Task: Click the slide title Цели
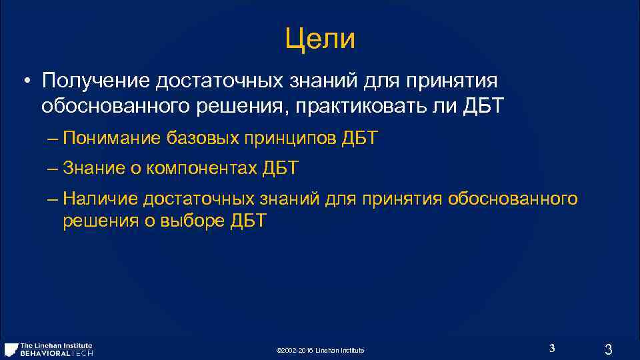[320, 39]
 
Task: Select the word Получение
[95, 81]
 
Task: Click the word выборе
[193, 221]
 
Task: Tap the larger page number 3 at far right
[607, 349]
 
